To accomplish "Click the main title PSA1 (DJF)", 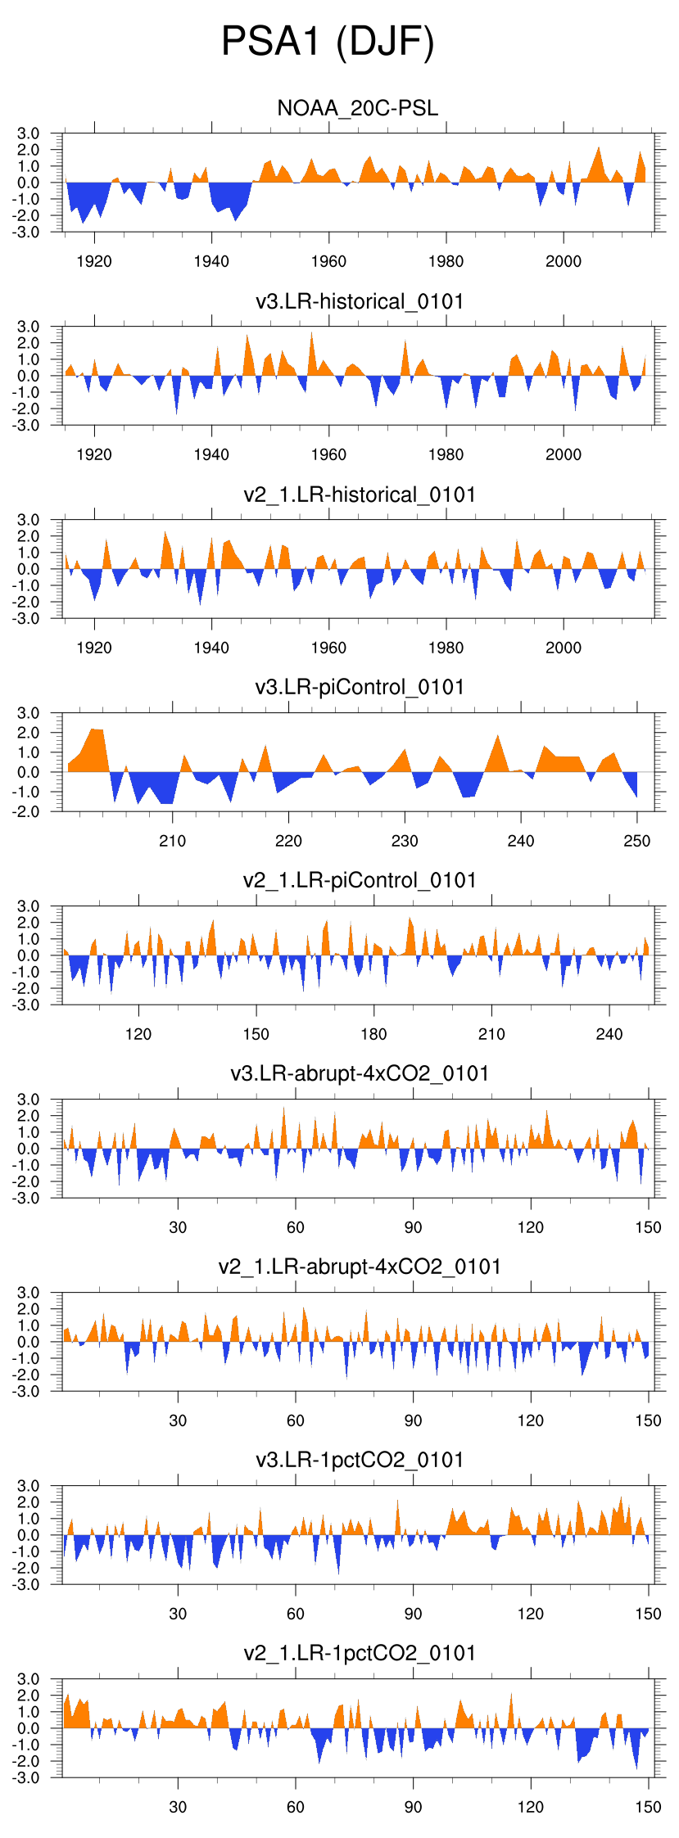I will coord(328,42).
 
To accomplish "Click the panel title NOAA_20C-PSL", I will coord(358,108).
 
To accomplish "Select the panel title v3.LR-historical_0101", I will coord(360,301).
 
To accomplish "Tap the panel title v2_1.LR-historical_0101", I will coord(360,494).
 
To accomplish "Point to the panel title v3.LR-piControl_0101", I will coord(360,687).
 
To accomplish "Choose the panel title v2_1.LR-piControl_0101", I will coord(360,880).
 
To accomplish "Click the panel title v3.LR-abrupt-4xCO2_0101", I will coord(360,1073).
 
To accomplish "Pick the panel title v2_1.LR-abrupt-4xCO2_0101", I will coord(360,1267).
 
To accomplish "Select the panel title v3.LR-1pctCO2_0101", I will coord(360,1460).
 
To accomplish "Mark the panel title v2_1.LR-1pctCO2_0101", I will coord(360,1653).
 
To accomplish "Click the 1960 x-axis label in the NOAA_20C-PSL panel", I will coord(328,261).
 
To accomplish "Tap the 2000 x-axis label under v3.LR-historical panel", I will coord(564,454).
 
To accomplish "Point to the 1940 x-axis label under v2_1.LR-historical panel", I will coord(211,648).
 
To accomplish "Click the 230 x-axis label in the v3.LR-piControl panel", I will coord(405,841).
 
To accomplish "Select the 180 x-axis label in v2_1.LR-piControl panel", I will coord(373,1034).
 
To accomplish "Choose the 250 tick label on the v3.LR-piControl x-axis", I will coord(637,841).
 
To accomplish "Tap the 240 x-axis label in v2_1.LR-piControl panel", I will coord(609,1034).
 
